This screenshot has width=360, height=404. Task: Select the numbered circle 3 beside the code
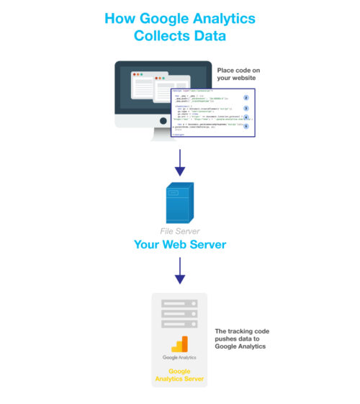[246, 108]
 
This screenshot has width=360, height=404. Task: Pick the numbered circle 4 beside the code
[246, 117]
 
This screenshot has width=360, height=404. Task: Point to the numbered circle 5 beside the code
[246, 126]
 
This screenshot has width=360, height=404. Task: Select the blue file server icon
[179, 203]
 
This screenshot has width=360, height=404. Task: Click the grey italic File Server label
[179, 231]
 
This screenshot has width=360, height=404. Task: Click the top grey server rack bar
[179, 304]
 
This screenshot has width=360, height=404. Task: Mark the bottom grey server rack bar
[179, 324]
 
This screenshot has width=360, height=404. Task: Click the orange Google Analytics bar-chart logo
[179, 344]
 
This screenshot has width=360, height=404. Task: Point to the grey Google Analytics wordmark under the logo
[179, 357]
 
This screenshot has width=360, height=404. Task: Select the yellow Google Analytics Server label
[179, 374]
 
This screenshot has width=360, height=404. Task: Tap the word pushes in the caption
[228, 339]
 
